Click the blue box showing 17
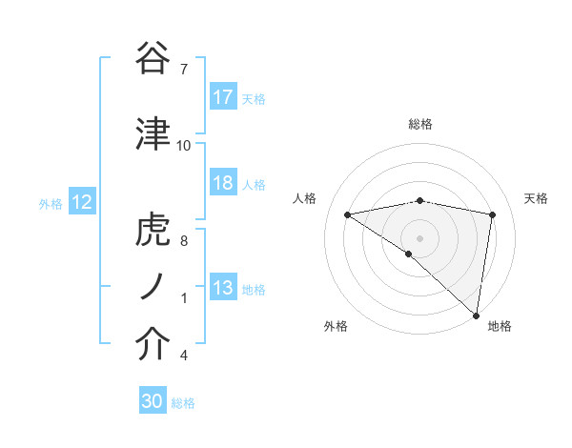pos(223,97)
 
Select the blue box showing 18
pos(223,183)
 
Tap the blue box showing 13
pos(223,288)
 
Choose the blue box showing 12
pos(82,202)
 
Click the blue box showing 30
pos(153,401)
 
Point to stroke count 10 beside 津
pos(184,146)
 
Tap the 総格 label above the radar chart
pos(419,124)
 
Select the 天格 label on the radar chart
pos(536,198)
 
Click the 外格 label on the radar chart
pos(336,326)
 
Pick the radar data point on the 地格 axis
pos(477,315)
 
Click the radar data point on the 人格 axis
pos(348,214)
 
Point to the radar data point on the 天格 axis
pos(492,214)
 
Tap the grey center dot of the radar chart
pos(419,237)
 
